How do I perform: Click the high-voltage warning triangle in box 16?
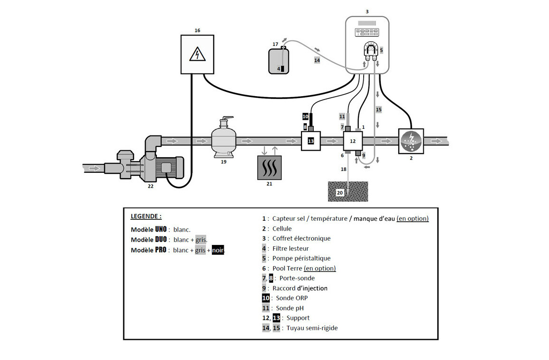click(197, 54)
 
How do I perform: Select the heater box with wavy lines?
click(269, 168)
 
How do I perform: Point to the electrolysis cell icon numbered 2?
click(411, 141)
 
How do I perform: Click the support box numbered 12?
click(353, 141)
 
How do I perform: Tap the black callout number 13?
click(311, 141)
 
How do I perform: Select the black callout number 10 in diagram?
click(305, 117)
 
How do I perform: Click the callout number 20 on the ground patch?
click(339, 193)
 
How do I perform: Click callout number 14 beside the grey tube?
click(317, 60)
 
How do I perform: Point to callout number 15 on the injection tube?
click(378, 109)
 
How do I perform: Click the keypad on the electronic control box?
click(367, 32)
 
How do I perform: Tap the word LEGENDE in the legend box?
click(145, 216)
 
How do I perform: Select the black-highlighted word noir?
click(218, 250)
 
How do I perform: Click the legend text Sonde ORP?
click(292, 298)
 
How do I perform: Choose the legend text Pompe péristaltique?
click(302, 258)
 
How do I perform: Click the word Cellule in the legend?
click(282, 228)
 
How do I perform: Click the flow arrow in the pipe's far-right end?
click(437, 141)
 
